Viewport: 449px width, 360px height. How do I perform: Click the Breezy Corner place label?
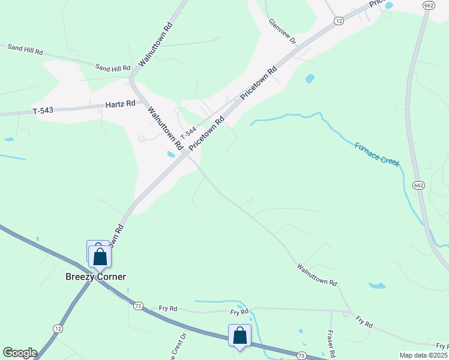point(95,277)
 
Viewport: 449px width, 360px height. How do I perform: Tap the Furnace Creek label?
point(376,154)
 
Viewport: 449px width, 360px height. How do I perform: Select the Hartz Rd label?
point(121,104)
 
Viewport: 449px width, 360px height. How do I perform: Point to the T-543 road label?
point(44,110)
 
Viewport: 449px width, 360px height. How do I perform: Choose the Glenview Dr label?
point(283,31)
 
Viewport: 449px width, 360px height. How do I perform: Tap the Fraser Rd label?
point(330,341)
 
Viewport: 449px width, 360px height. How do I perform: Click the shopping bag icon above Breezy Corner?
point(100,256)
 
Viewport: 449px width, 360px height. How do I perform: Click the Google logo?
point(20,353)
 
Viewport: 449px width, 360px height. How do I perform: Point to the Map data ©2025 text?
point(424,355)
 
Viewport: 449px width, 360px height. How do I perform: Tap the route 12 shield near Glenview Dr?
point(339,21)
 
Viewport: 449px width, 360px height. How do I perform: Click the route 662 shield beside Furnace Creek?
point(419,185)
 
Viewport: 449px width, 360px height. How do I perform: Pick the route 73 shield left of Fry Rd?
point(138,306)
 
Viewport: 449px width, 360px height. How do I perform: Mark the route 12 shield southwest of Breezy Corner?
point(58,328)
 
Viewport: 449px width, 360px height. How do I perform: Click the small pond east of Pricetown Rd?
point(310,78)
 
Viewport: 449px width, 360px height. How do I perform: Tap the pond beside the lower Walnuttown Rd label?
point(377,286)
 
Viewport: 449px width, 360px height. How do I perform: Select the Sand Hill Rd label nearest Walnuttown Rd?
point(113,68)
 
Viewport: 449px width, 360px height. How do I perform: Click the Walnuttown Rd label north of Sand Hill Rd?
point(155,45)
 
